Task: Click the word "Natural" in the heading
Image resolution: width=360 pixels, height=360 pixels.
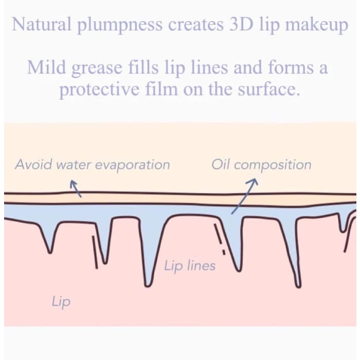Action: click(x=35, y=25)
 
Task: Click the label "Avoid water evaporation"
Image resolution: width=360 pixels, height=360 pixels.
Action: click(x=92, y=165)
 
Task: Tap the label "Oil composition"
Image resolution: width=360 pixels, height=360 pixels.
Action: click(x=261, y=165)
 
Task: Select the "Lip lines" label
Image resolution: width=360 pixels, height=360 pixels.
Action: click(x=190, y=266)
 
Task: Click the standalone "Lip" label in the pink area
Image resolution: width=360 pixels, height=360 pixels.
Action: click(x=61, y=301)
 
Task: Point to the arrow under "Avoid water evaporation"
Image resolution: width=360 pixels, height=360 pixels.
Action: click(x=75, y=189)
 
